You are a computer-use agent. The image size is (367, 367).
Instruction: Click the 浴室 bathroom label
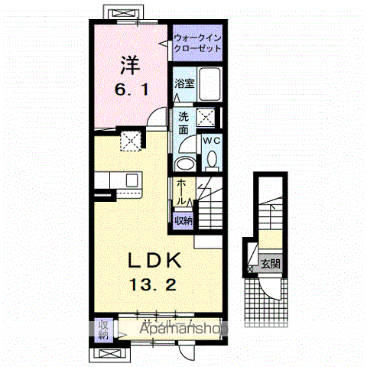183,83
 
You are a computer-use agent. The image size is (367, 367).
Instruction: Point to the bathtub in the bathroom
208,85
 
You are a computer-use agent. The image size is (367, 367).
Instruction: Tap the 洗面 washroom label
184,124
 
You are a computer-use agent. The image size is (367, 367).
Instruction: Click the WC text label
212,141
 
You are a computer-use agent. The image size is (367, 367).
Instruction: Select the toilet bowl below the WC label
212,158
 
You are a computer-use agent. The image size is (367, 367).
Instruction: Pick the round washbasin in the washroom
184,164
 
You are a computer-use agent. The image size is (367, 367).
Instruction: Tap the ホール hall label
183,192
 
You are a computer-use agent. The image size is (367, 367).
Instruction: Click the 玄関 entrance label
269,265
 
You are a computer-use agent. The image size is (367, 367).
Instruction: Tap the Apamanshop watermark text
183,329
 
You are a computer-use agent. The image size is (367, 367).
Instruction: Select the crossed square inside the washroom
206,116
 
